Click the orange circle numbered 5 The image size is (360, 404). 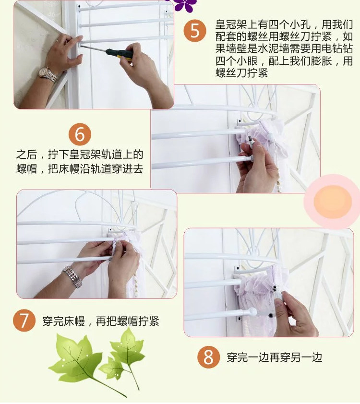[195, 31]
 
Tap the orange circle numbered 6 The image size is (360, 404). [80, 134]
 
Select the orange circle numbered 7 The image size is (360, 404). [24, 321]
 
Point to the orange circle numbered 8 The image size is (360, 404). [208, 357]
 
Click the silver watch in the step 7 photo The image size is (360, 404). [72, 276]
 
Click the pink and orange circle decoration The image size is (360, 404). [333, 202]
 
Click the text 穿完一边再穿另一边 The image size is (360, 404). [275, 357]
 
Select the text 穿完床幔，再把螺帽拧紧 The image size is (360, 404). [101, 321]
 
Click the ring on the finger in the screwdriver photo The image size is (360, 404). [57, 40]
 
